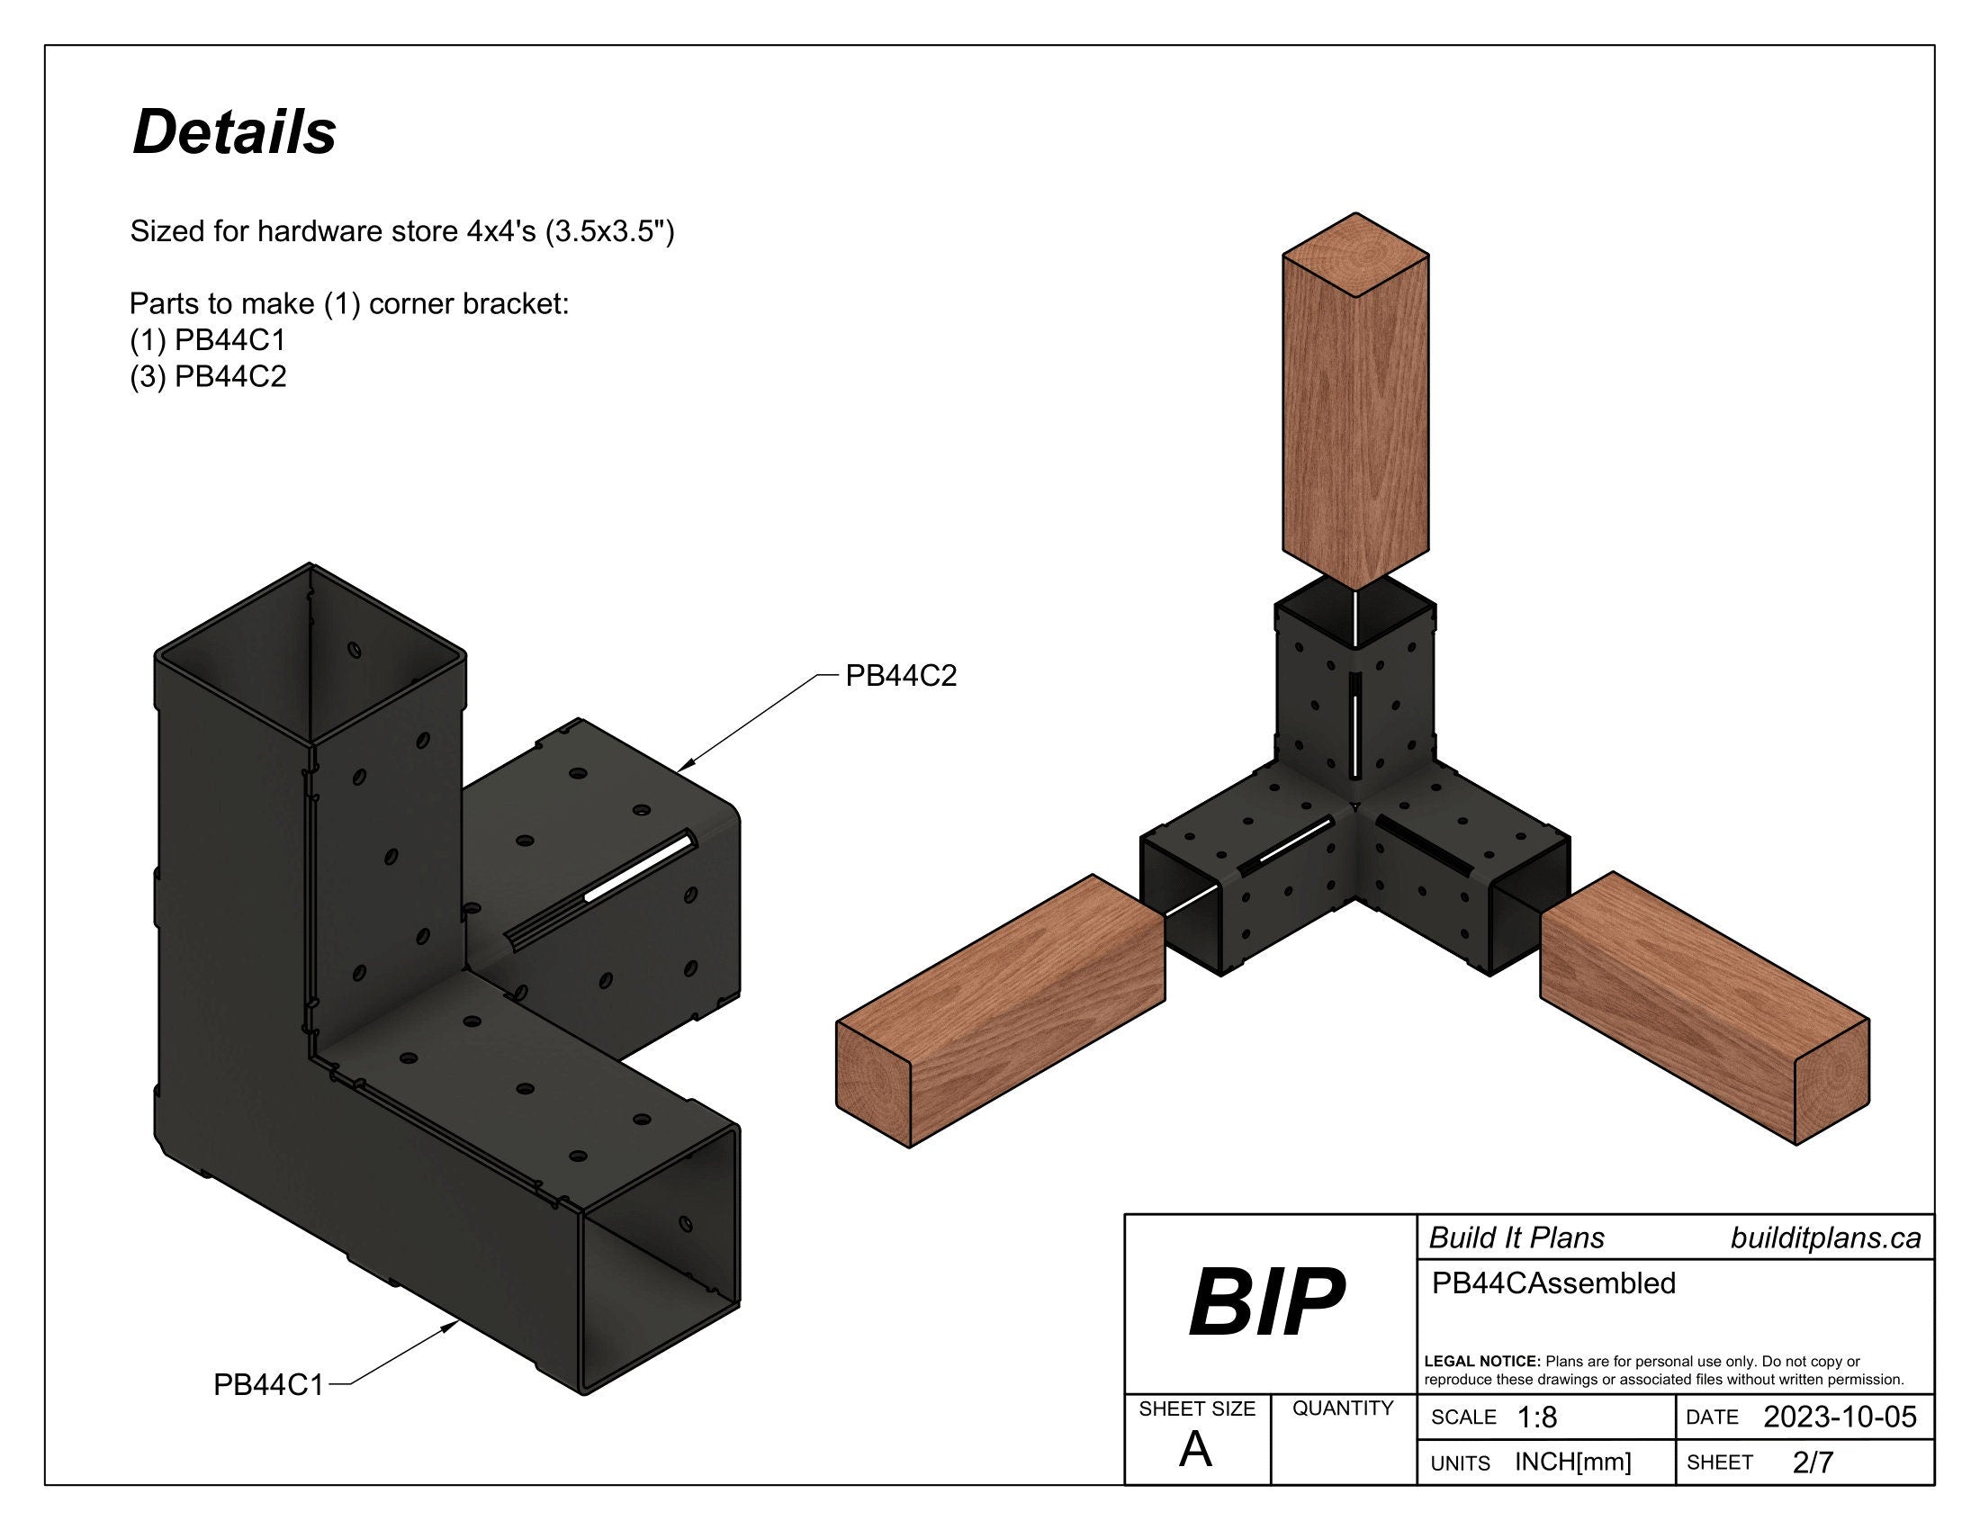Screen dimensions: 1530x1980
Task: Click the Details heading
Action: coord(234,132)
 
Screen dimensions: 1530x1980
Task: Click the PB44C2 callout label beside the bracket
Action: coord(900,675)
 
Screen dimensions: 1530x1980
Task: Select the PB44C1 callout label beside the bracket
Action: coord(267,1385)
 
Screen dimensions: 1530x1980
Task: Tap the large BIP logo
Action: coord(1266,1302)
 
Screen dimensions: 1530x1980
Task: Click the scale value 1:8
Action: coord(1535,1417)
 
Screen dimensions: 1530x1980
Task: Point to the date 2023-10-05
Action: coord(1840,1417)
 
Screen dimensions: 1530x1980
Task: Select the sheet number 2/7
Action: coord(1813,1462)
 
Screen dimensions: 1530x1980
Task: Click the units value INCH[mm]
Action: coord(1572,1462)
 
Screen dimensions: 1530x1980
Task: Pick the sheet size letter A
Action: coord(1195,1451)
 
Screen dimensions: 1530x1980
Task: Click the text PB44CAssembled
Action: coord(1553,1283)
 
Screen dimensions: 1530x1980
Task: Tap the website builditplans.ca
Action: coord(1825,1238)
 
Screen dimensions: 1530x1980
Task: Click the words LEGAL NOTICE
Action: coord(1481,1362)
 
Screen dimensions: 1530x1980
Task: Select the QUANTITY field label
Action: coord(1343,1408)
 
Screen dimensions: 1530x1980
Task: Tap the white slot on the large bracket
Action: coord(639,868)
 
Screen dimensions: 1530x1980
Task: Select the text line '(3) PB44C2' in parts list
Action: coord(208,376)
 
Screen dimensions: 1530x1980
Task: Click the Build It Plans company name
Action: coord(1516,1238)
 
